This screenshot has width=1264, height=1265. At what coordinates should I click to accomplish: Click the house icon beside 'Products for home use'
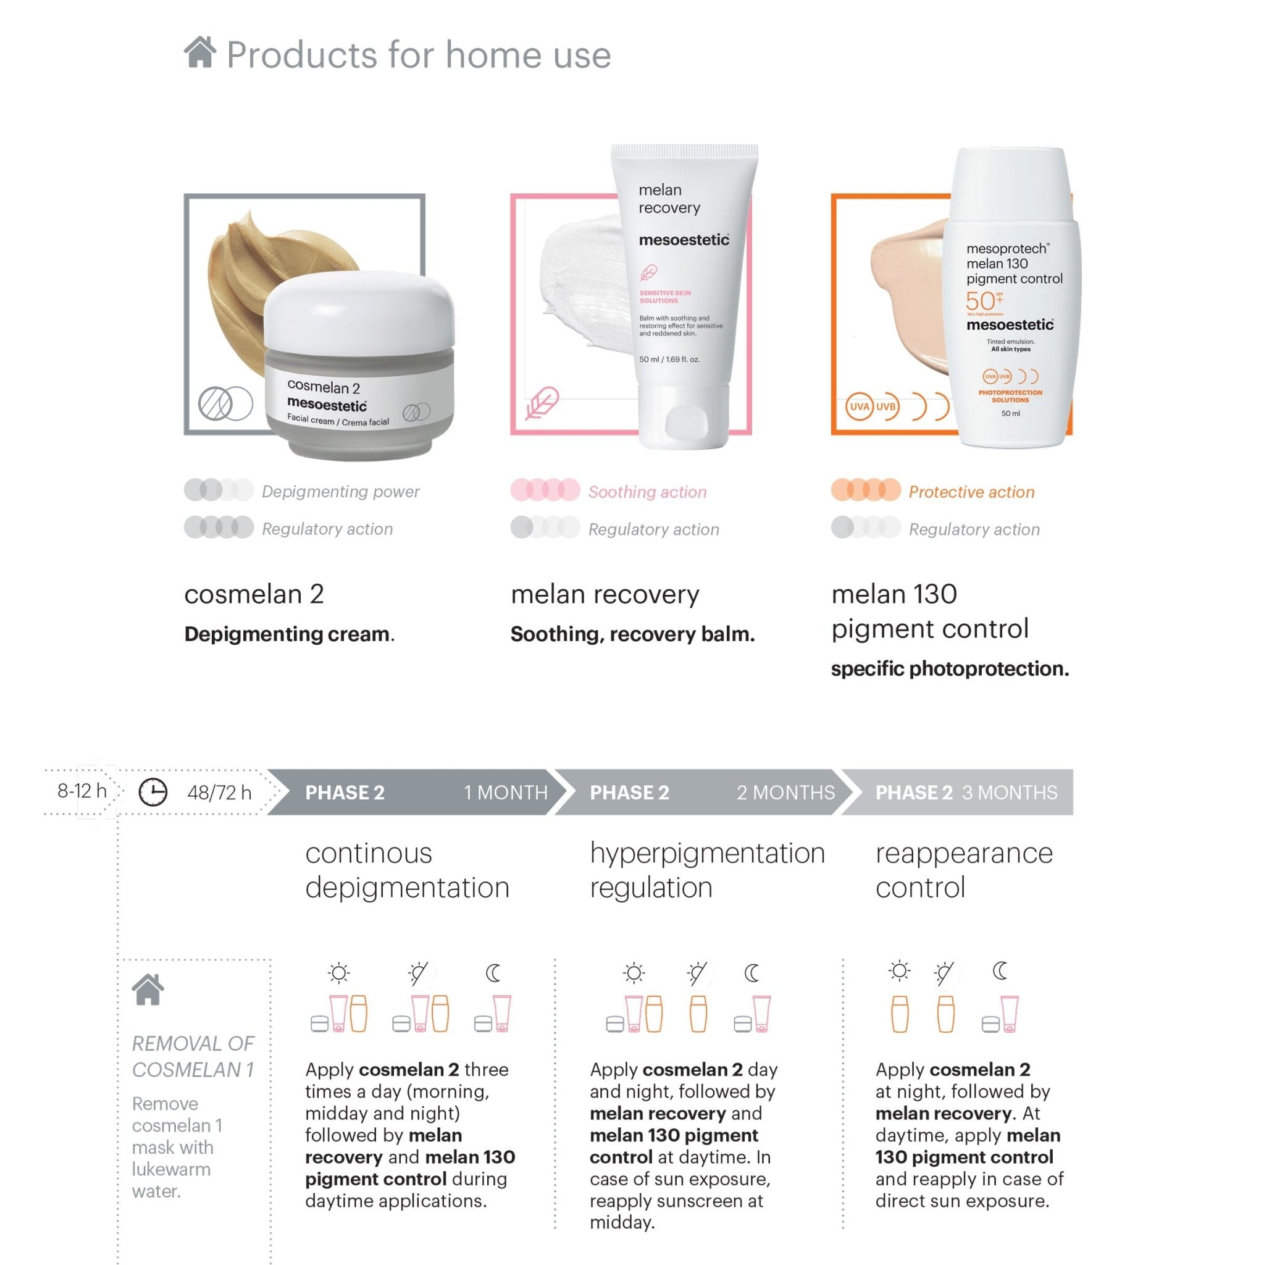point(199,53)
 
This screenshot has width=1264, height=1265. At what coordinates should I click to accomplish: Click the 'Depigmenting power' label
point(340,491)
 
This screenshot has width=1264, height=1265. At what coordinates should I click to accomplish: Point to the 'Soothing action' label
point(647,492)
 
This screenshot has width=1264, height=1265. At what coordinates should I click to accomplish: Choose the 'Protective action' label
point(971,492)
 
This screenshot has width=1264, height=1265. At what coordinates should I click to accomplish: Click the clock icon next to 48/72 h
point(153,792)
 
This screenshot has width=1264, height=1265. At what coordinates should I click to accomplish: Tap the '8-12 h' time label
point(82,791)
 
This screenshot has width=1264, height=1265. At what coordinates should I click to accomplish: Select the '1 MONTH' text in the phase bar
point(505,792)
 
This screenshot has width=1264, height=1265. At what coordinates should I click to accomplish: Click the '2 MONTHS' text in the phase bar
point(785,792)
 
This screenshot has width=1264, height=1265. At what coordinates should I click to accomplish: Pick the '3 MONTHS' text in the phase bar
point(1009,792)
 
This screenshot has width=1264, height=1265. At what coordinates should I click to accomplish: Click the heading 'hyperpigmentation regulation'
point(707,870)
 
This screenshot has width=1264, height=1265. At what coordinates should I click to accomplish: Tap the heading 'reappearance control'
point(963,870)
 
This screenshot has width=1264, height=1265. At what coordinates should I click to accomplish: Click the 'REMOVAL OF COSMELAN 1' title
point(193,1056)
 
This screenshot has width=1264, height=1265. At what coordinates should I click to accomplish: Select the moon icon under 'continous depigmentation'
point(493,973)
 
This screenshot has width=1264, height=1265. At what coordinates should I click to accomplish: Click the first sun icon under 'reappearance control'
point(900,971)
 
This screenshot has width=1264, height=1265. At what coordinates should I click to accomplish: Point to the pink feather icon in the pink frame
point(542,403)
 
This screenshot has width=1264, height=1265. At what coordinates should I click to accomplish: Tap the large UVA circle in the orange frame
point(859,406)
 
